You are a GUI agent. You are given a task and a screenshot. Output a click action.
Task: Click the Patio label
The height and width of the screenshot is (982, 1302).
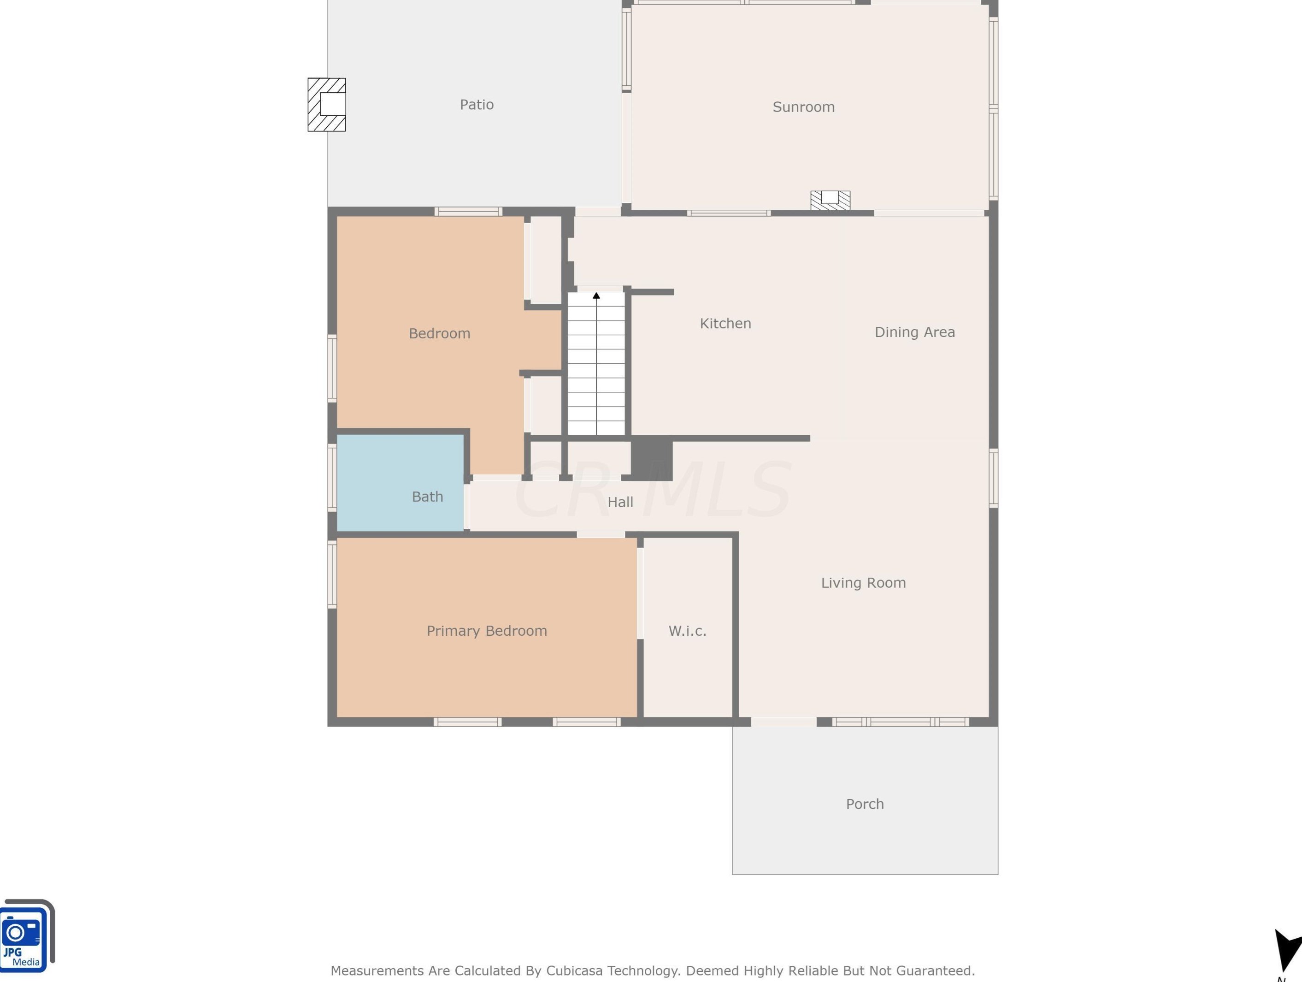(477, 105)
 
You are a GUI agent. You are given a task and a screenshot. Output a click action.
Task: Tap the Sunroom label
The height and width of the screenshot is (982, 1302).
(803, 107)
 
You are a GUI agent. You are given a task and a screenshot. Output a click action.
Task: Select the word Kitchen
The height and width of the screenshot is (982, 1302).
(725, 323)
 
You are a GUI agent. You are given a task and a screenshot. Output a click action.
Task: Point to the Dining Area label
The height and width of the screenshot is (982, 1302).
(915, 332)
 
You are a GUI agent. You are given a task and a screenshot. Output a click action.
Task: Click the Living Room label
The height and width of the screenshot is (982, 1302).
(864, 583)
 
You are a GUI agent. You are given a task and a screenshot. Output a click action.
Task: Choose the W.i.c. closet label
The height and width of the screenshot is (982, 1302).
(687, 631)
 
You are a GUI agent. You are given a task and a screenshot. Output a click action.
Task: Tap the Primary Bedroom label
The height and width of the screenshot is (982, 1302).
(487, 631)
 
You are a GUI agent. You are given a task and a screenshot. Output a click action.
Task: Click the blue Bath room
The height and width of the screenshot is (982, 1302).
(400, 483)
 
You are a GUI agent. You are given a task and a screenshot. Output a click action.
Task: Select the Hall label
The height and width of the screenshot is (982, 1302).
(620, 502)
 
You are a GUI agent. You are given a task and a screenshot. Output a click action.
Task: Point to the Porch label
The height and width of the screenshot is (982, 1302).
(865, 804)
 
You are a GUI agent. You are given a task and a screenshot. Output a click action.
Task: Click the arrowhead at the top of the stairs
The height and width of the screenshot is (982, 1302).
(596, 296)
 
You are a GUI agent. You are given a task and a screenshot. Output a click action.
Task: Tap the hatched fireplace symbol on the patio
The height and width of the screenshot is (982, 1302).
(327, 105)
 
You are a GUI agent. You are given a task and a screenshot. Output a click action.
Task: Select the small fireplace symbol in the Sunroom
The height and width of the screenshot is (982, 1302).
(831, 200)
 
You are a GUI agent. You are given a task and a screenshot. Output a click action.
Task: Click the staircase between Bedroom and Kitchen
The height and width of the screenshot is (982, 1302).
(596, 364)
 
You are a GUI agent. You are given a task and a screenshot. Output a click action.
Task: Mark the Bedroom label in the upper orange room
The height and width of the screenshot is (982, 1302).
(440, 333)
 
